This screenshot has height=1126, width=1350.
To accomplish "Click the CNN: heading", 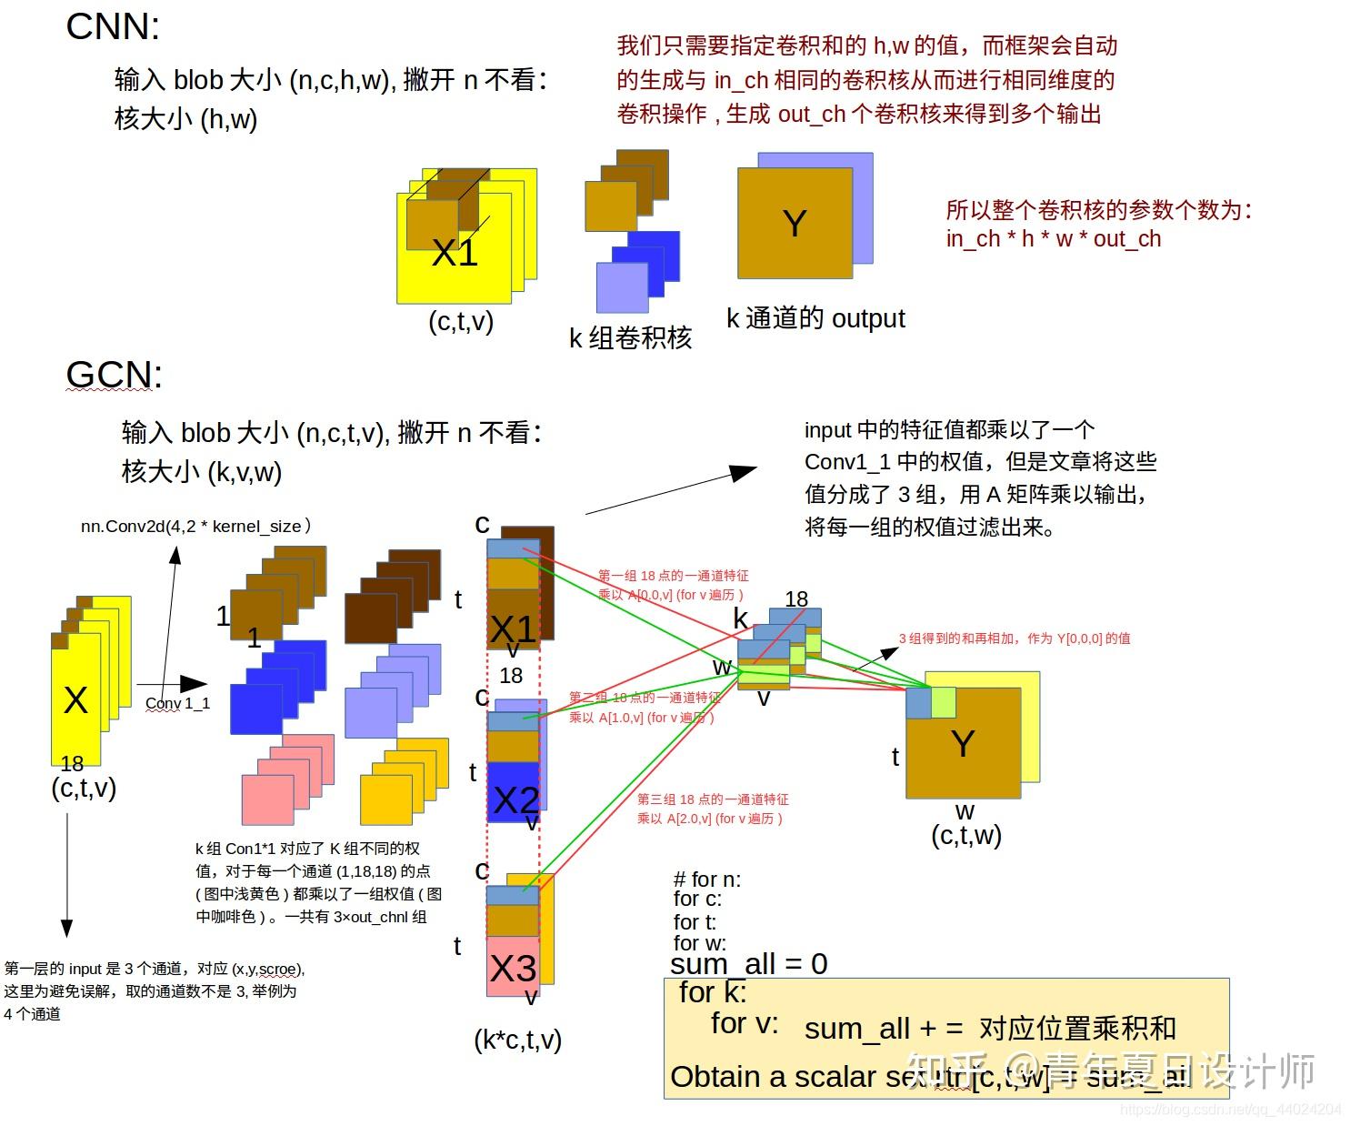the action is tap(113, 26).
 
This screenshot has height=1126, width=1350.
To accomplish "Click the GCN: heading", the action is tap(114, 375).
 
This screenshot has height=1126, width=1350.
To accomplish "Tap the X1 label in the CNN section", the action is tap(455, 252).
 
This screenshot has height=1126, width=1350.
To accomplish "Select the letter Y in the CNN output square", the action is tap(794, 224).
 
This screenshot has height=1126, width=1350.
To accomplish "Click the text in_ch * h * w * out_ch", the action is tap(1053, 239).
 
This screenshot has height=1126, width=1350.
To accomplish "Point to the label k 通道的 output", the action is tap(815, 318).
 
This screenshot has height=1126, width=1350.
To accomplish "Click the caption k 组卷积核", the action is tap(630, 338).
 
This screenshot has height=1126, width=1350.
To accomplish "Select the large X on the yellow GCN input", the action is tap(75, 700).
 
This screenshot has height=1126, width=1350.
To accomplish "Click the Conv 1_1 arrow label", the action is tap(177, 703).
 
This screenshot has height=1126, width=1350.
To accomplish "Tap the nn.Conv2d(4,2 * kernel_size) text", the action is tap(195, 526).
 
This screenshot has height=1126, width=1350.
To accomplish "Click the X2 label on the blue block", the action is tap(515, 800).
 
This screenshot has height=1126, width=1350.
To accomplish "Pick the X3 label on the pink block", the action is tap(513, 969).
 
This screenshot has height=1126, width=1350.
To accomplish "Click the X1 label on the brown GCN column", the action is tap(514, 628).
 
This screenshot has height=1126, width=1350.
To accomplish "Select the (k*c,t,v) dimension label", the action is tap(517, 1040).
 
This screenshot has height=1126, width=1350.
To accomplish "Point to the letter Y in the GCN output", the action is tap(963, 744).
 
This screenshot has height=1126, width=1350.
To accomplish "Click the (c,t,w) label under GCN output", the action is tap(966, 835).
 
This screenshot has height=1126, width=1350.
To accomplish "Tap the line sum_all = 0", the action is tap(748, 963).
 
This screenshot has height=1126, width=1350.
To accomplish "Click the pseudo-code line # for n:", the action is tap(706, 880).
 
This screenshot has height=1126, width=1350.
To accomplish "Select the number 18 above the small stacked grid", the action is tap(796, 598).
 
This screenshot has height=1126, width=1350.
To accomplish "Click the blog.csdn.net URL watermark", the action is tap(1231, 1110).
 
